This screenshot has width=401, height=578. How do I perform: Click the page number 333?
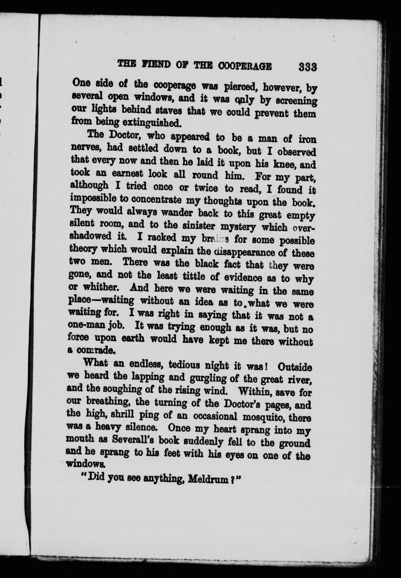[307, 68]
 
